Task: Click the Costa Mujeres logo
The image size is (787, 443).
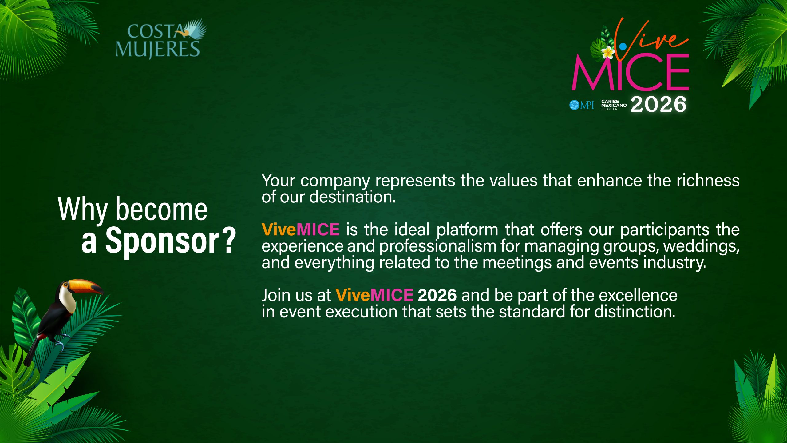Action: (x=160, y=39)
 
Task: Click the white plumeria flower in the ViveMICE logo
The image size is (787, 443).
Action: (x=608, y=52)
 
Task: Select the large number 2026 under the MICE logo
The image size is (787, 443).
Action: (x=658, y=104)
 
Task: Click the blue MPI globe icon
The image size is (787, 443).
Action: (x=574, y=105)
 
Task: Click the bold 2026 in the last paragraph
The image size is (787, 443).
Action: (x=437, y=295)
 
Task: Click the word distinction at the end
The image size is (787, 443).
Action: (x=635, y=312)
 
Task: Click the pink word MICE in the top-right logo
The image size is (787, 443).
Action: (x=630, y=72)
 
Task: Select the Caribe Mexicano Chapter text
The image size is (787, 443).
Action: (x=614, y=105)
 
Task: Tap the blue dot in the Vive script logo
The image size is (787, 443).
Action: (x=623, y=46)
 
